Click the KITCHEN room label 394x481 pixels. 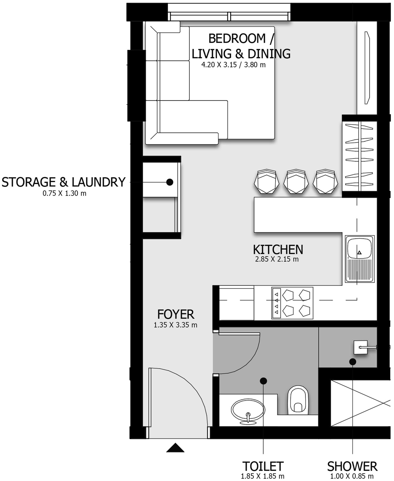pyautogui.click(x=278, y=250)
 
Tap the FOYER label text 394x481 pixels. pyautogui.click(x=176, y=314)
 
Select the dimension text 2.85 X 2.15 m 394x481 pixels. pyautogui.click(x=277, y=259)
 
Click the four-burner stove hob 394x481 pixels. pyautogui.click(x=292, y=303)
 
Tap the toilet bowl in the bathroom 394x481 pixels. pyautogui.click(x=298, y=401)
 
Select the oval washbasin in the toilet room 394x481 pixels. pyautogui.click(x=248, y=410)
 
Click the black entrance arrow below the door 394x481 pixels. pyautogui.click(x=175, y=448)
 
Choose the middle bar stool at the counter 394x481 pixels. pyautogui.click(x=296, y=182)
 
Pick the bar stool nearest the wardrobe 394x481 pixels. pyautogui.click(x=325, y=182)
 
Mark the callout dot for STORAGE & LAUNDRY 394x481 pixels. pyautogui.click(x=170, y=182)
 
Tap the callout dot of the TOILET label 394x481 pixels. pyautogui.click(x=263, y=381)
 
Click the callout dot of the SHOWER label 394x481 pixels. pyautogui.click(x=352, y=362)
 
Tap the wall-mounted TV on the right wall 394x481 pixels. pyautogui.click(x=367, y=68)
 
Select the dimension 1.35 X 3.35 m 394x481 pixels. pyautogui.click(x=175, y=325)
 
